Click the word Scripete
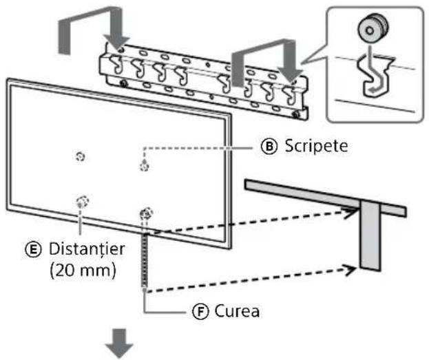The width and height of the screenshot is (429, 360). pos(316,146)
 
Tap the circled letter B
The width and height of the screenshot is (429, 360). pos(269,147)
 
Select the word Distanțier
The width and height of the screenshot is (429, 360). pos(87,249)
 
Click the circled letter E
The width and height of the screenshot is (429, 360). pos(33,250)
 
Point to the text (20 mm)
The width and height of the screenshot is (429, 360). pos(83,271)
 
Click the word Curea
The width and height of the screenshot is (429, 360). pos(237,311)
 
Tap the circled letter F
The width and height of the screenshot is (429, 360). pos(200,312)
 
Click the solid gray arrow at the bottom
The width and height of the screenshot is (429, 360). pos(119,343)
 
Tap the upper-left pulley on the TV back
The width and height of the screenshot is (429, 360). pos(80,157)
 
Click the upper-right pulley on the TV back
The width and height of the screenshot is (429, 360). pos(144,166)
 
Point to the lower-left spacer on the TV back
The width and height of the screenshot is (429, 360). pos(83,202)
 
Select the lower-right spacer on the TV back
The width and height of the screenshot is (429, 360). pos(147,213)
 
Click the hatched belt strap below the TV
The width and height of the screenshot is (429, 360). pos(145,260)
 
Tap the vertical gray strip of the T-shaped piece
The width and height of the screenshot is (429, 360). pos(370,236)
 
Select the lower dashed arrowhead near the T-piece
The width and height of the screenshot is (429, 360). pos(350,270)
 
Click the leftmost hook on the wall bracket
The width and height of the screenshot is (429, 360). pos(116,64)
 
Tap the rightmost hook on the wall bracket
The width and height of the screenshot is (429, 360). pos(289,95)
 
